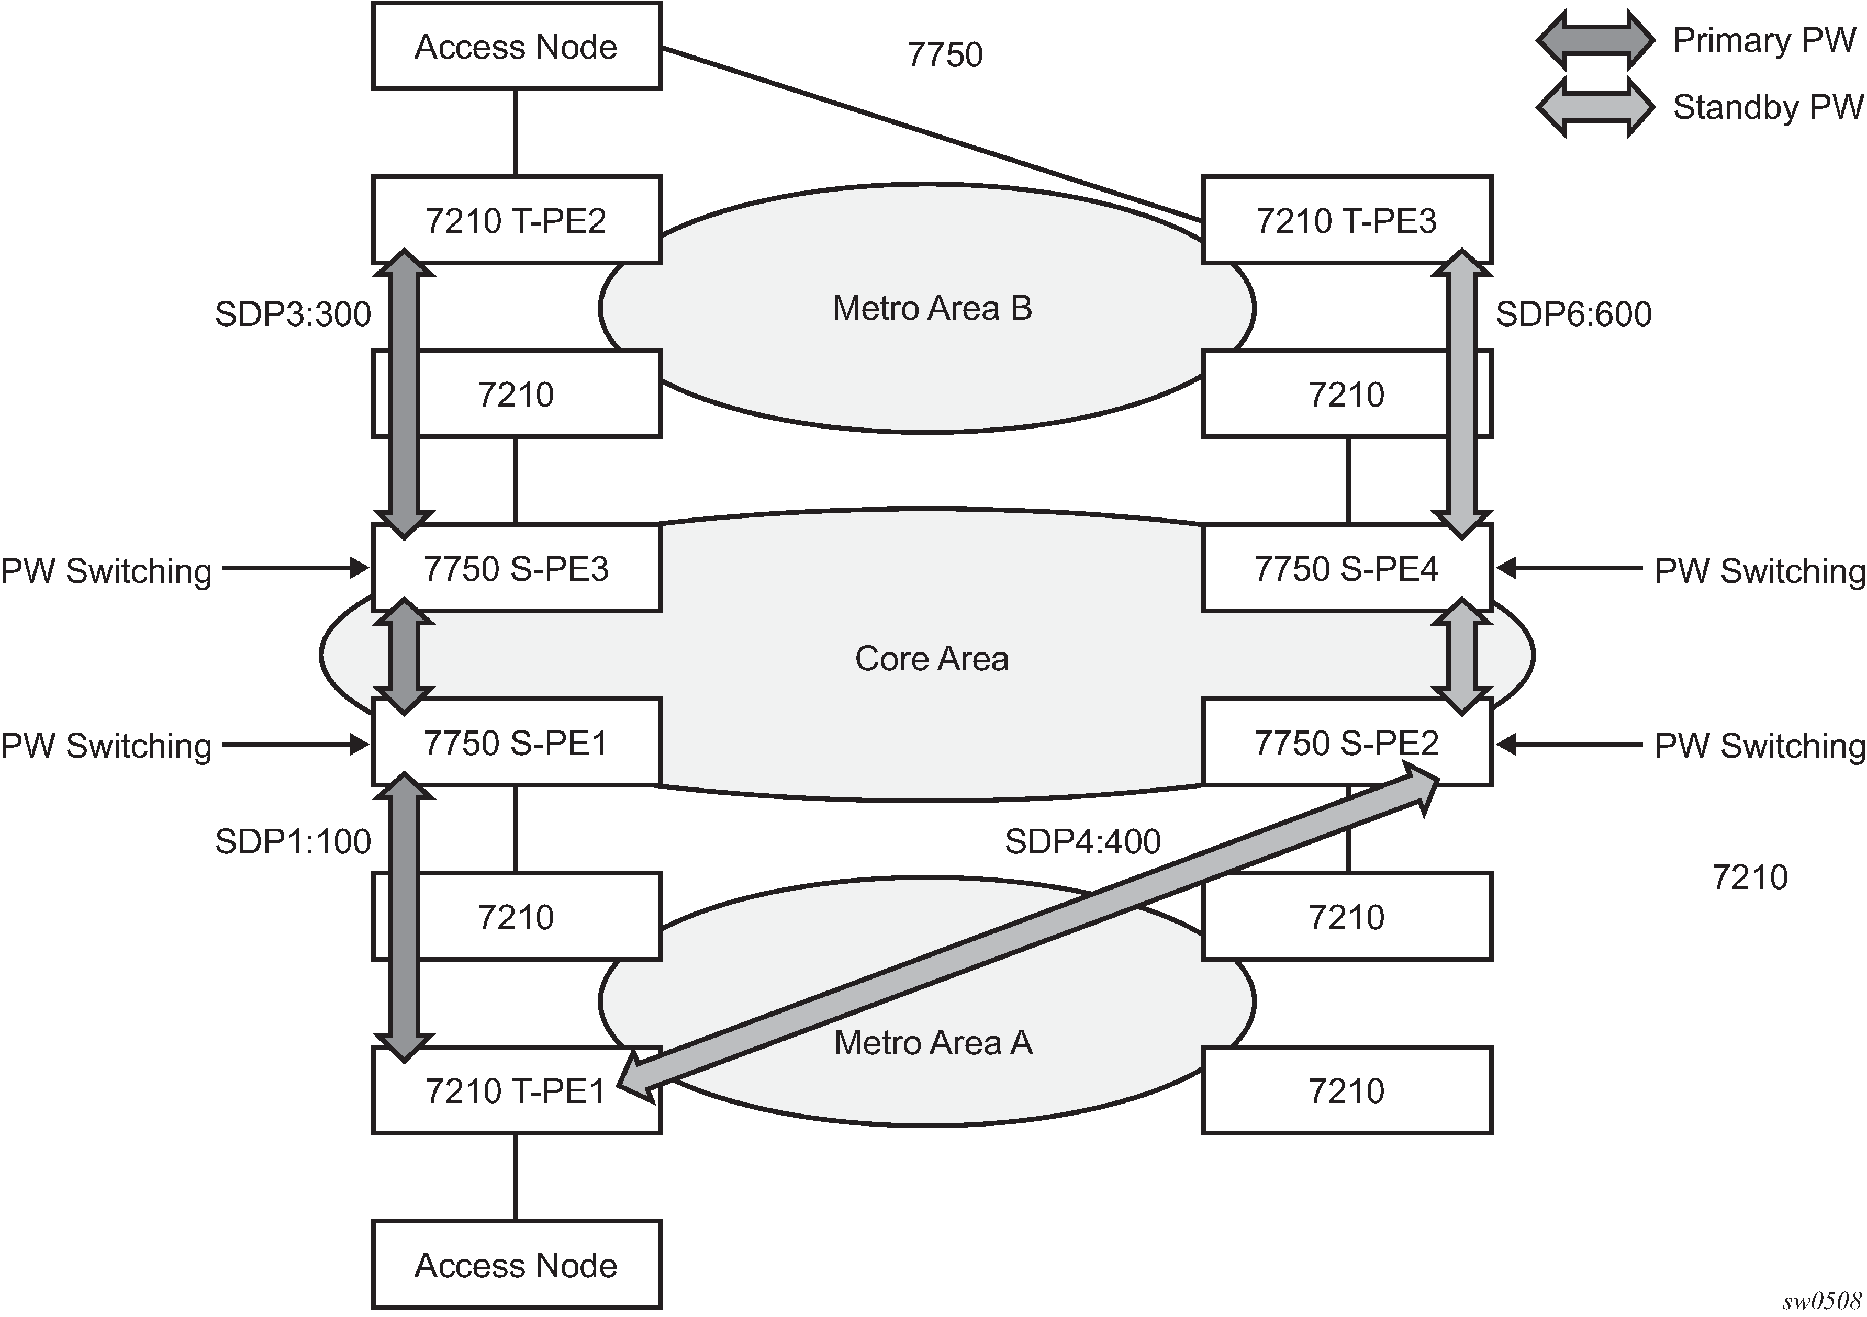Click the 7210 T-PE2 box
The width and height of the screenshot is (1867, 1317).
point(517,220)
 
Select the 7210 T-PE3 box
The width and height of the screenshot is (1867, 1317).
point(1347,220)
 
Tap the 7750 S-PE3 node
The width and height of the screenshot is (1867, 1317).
point(517,568)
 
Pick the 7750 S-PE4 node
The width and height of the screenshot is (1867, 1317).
point(1347,568)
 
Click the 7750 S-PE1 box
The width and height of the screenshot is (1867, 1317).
point(517,743)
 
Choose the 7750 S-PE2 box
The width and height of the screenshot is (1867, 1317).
point(1347,743)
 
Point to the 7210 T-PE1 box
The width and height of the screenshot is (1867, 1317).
point(517,1091)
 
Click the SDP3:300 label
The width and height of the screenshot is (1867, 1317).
point(293,314)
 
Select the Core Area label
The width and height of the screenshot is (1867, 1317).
point(932,658)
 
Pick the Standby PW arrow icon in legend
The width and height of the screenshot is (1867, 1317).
point(1595,107)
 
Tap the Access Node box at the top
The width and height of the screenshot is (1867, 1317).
point(517,47)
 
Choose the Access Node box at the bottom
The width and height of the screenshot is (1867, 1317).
point(517,1265)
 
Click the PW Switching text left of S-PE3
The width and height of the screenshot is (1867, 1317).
point(106,571)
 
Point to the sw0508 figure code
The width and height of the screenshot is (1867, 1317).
point(1821,1301)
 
